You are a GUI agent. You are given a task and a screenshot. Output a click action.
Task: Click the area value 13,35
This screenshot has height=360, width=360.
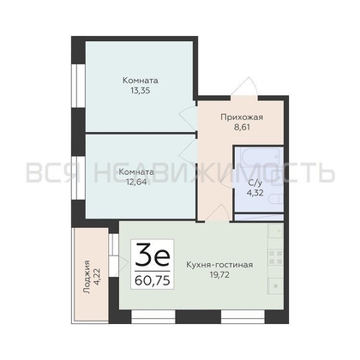(x=141, y=91)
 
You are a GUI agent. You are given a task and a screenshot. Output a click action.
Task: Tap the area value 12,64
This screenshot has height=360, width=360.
(x=136, y=182)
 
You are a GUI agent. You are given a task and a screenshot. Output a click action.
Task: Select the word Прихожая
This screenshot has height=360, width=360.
(x=242, y=117)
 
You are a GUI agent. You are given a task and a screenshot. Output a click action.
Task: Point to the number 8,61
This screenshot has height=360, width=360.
(x=242, y=127)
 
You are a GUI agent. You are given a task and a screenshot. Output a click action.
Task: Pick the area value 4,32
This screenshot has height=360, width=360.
(x=255, y=193)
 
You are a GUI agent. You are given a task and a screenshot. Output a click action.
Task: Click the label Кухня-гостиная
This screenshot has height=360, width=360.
(x=219, y=265)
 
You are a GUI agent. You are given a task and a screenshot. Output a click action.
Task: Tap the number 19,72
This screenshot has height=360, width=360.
(x=219, y=275)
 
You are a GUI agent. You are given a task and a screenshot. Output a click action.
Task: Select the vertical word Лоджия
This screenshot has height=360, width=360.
(x=87, y=277)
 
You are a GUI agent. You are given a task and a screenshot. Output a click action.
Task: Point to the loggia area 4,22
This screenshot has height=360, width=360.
(x=97, y=277)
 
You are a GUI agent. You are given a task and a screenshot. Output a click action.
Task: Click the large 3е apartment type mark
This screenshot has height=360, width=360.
(x=153, y=255)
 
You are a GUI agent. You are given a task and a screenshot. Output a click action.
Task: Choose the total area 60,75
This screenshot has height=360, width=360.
(x=153, y=280)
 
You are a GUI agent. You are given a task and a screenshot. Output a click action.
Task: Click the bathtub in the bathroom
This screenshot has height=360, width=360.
(x=260, y=158)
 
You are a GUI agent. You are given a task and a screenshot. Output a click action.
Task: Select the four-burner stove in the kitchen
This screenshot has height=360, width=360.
(x=275, y=257)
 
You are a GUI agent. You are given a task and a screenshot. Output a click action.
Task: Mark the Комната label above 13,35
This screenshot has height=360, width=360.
(x=141, y=81)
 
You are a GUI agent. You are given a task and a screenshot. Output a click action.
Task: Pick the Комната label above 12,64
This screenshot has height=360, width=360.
(x=136, y=172)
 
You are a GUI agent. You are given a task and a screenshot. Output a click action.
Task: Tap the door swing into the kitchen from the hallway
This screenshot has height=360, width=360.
(x=217, y=213)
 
